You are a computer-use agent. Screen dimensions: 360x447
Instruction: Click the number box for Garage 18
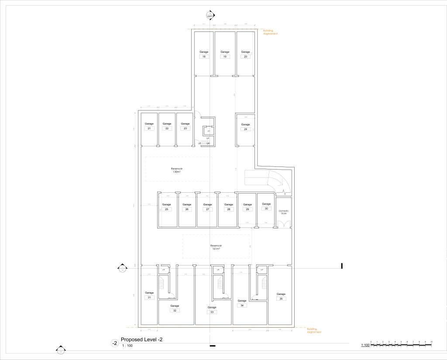point(203,57)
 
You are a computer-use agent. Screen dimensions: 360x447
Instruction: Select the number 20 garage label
point(245,57)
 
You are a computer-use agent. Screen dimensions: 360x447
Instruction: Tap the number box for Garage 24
point(245,129)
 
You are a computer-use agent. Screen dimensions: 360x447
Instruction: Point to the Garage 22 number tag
point(167,128)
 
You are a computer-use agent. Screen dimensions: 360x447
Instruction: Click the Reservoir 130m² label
point(176,170)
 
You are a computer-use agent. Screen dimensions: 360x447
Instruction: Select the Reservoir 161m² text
point(216,247)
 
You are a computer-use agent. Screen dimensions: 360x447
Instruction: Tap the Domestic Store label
point(284,212)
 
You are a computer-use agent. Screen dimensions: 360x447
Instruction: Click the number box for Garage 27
point(207,209)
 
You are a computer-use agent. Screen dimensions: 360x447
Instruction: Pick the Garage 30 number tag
point(266,209)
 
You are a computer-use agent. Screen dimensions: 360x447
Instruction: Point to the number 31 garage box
point(149,298)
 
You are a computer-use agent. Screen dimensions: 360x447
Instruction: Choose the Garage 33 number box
point(211,312)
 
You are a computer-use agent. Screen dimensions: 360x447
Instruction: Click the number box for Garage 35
point(281,299)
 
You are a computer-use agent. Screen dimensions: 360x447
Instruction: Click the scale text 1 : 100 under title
point(127,346)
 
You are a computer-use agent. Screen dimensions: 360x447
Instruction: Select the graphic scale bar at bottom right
point(401,345)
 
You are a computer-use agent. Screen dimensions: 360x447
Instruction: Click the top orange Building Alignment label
point(270,32)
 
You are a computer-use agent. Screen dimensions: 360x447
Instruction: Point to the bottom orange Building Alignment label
point(314,330)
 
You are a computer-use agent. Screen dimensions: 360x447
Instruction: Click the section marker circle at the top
point(210,15)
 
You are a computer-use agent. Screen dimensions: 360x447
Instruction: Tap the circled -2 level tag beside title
point(115,343)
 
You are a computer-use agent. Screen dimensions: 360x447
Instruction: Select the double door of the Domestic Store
point(284,223)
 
